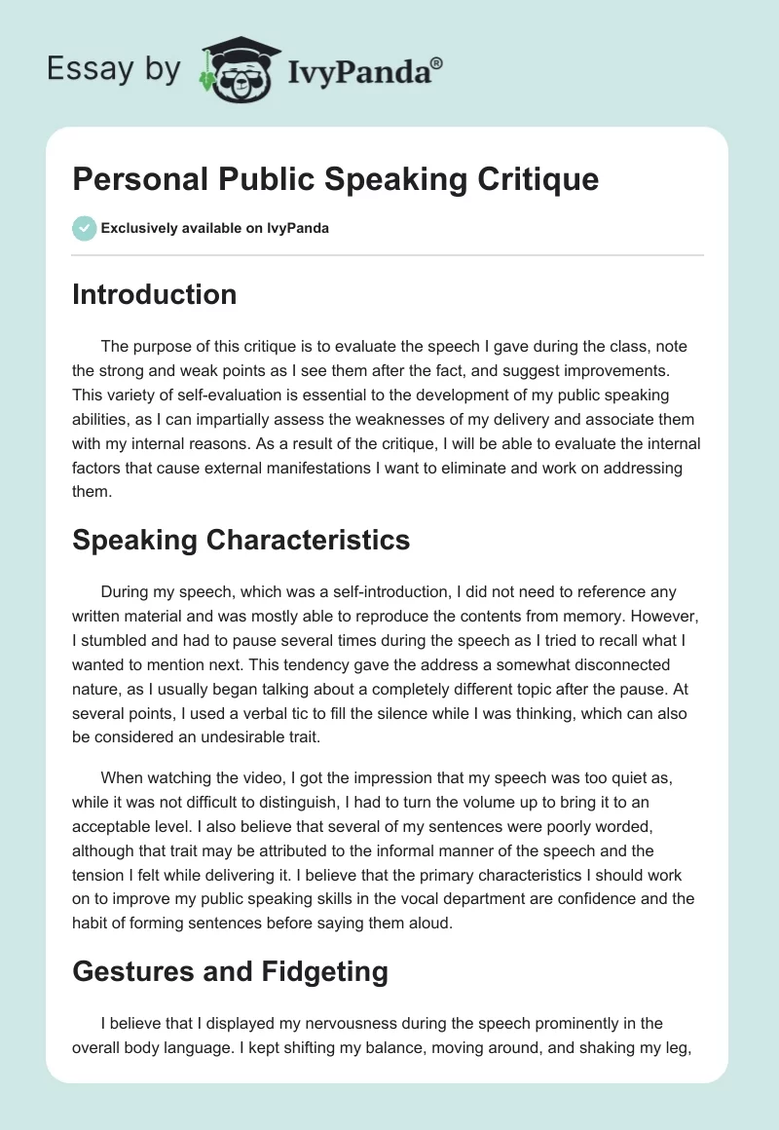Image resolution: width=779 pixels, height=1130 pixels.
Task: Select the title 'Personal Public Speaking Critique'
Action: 335,178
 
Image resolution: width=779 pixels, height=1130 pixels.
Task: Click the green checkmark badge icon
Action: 84,228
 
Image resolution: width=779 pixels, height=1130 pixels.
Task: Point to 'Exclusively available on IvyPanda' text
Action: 214,229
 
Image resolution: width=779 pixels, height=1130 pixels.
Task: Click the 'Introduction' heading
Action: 154,294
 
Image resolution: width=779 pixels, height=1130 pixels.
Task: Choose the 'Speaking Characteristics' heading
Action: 241,539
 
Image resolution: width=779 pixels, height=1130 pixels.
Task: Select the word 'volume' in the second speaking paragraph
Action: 463,786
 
